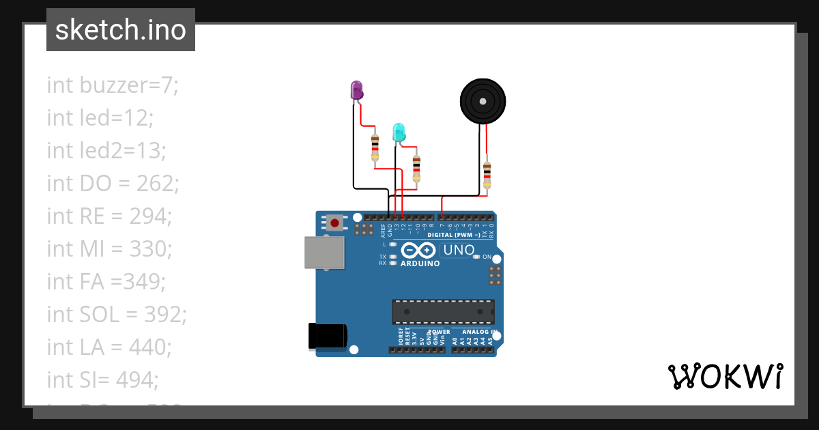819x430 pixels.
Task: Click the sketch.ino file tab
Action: coord(121,30)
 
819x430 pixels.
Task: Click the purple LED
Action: coord(356,90)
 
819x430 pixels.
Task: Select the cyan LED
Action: coord(399,132)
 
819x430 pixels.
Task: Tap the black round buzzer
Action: coord(483,101)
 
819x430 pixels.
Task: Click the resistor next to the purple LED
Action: coord(375,147)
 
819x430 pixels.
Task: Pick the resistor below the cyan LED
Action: coord(416,168)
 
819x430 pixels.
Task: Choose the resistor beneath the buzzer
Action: coord(487,175)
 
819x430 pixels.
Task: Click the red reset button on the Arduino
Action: coord(334,223)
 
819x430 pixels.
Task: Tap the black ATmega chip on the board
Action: coord(443,311)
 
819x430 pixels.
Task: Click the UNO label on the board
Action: coord(459,250)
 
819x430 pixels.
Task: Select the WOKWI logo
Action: coord(725,377)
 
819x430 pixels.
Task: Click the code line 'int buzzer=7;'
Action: coord(113,85)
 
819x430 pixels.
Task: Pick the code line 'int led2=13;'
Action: coord(106,151)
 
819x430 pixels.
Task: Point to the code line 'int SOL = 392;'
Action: coord(117,315)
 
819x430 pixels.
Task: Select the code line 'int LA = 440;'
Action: coord(109,347)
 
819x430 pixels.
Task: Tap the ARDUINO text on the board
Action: coord(420,263)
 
